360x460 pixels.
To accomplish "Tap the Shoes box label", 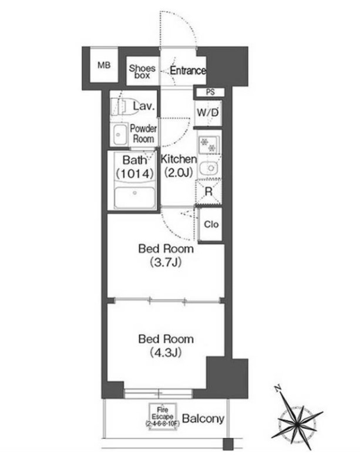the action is (x=142, y=72).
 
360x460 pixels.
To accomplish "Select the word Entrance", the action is (x=188, y=70).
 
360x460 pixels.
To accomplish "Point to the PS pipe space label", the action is (x=210, y=92).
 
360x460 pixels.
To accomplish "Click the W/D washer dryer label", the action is (x=208, y=113).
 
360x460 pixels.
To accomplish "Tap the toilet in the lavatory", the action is (x=119, y=107).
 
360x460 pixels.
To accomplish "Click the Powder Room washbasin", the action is (x=120, y=135).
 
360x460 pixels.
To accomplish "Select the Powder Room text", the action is (x=143, y=134).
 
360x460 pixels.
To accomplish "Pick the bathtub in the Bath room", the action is (x=135, y=197).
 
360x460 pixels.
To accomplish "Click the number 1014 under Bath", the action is (x=135, y=174).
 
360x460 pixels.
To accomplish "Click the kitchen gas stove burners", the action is (x=208, y=144).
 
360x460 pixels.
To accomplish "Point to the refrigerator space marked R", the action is (x=208, y=192).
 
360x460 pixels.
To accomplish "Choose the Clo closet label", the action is (x=211, y=224).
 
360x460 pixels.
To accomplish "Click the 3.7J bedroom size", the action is (x=166, y=262).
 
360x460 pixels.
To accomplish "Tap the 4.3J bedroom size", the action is (x=166, y=352).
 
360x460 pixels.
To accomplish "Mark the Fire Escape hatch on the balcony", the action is (x=162, y=417).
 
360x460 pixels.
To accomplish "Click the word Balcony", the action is (x=203, y=418).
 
